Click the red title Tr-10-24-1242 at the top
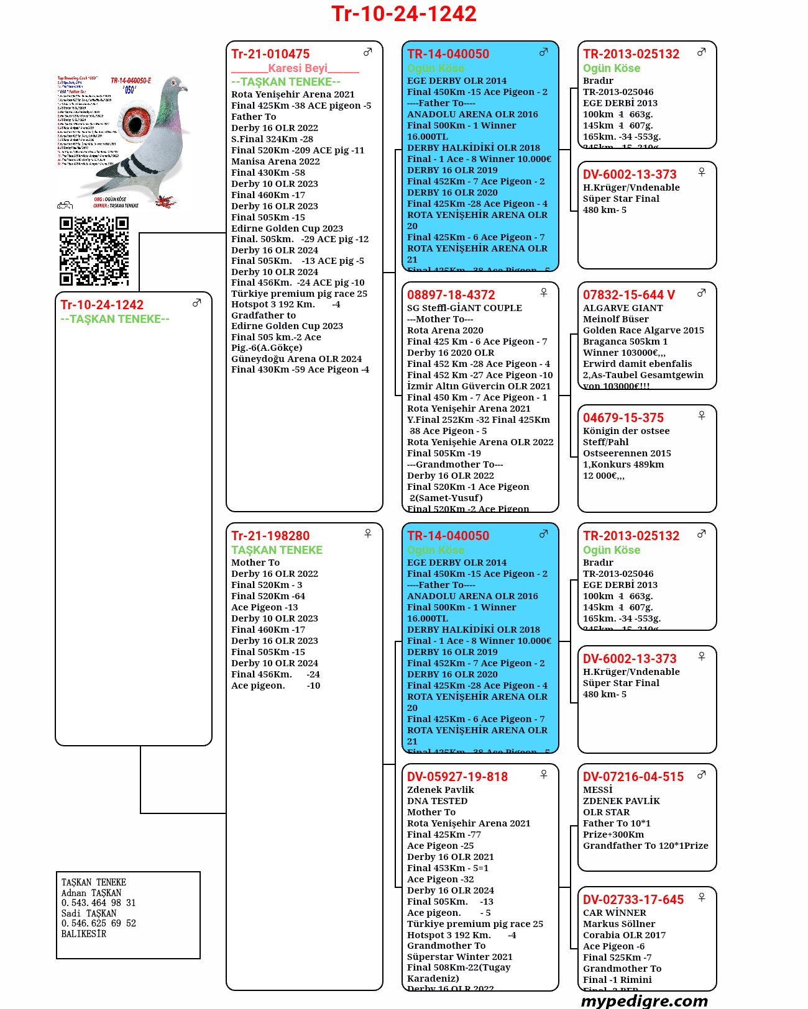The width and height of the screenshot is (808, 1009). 404,14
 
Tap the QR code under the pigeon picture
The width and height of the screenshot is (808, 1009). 94,251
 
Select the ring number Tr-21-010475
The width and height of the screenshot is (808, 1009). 270,54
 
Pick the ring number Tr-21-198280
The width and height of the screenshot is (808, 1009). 270,536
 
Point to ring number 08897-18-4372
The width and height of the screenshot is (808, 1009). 451,295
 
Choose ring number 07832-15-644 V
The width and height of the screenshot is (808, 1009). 628,295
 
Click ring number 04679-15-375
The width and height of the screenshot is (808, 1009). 623,418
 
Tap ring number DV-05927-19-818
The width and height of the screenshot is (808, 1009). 457,777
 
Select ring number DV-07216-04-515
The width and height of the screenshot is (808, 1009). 633,777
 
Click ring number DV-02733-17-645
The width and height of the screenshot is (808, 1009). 633,900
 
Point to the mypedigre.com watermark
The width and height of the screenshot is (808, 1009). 645,1000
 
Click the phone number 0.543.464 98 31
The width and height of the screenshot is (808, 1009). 98,903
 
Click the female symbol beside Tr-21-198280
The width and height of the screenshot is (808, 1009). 368,533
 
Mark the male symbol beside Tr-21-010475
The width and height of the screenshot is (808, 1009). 368,52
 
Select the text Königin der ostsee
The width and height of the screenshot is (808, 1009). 627,431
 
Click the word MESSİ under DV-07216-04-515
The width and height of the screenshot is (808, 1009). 598,790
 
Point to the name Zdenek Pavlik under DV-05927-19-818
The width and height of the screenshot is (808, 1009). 441,790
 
